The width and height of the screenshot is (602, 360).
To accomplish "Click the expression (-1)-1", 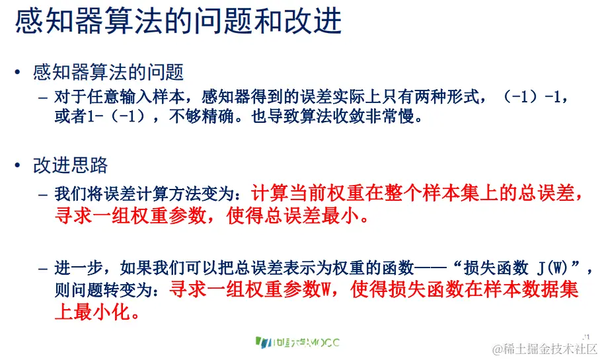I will pyautogui.click(x=531, y=97).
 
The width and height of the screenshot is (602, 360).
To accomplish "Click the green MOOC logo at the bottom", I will pyautogui.click(x=297, y=342).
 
